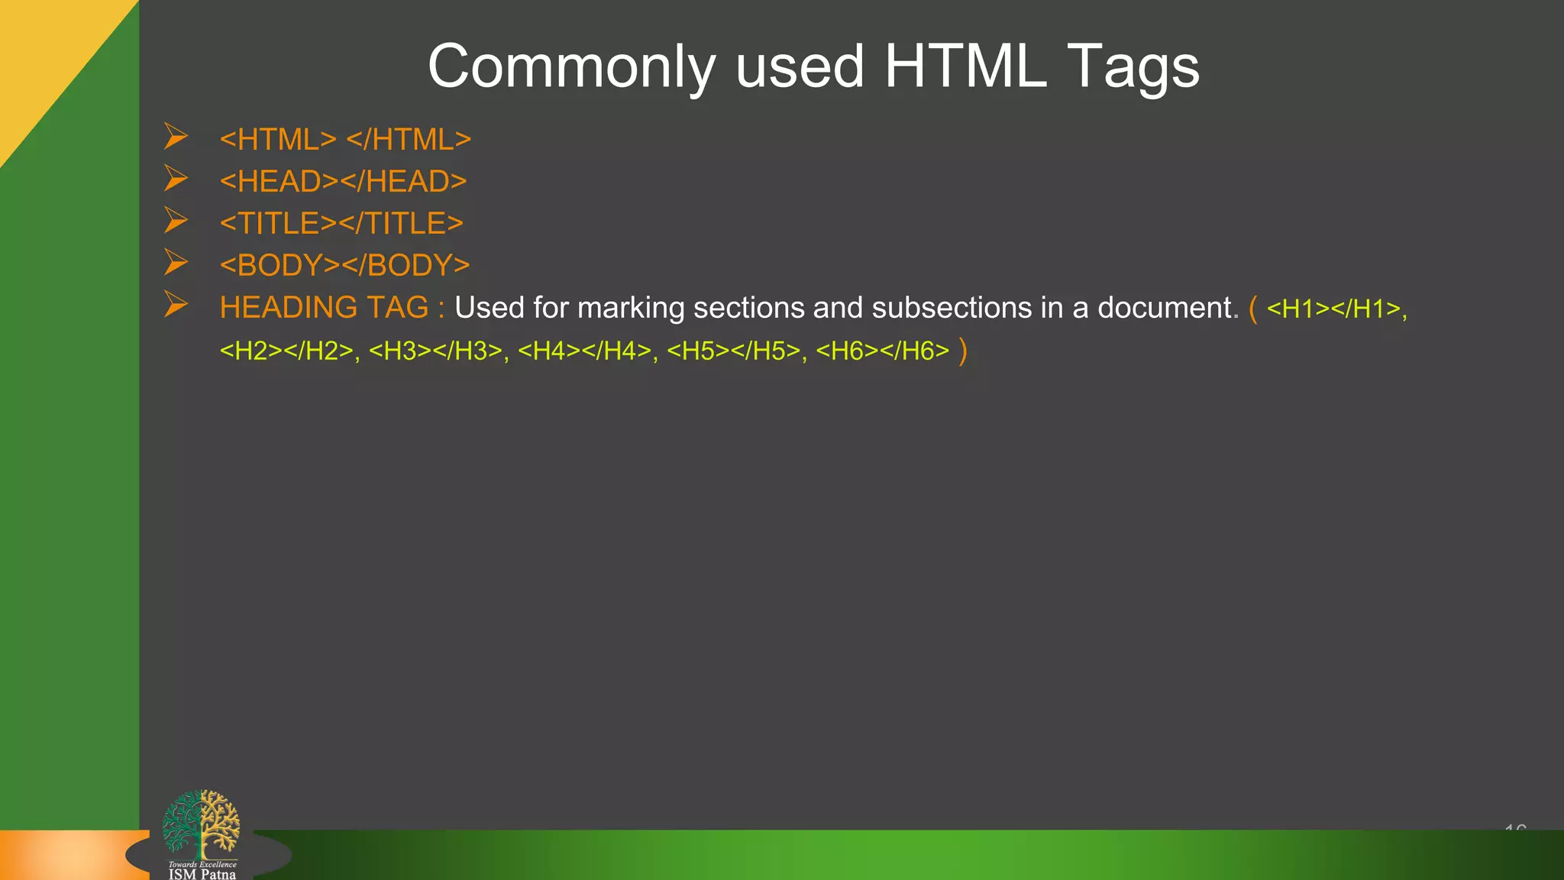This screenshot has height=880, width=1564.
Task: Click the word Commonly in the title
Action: tap(571, 67)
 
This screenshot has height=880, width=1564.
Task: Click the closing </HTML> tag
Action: tap(409, 140)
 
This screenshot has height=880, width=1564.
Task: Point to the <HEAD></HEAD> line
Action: tap(343, 182)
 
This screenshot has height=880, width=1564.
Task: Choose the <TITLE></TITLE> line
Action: tap(341, 224)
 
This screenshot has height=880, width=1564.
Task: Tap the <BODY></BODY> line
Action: tap(344, 266)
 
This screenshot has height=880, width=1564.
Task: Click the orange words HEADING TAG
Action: tap(324, 308)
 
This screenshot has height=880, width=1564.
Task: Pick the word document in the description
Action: tap(1164, 308)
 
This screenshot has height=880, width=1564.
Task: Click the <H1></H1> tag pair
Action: tap(1333, 309)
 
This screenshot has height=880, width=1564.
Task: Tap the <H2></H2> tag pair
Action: tap(286, 351)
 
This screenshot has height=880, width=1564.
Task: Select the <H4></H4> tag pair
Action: tap(584, 351)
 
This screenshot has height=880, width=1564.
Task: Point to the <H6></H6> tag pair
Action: tap(882, 351)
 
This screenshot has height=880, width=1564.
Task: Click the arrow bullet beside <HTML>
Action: tap(176, 137)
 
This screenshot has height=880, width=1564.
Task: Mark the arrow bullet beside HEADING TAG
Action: tap(176, 305)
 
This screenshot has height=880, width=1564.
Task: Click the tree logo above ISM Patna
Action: tap(201, 823)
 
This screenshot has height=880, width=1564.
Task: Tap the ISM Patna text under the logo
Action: tap(202, 874)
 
